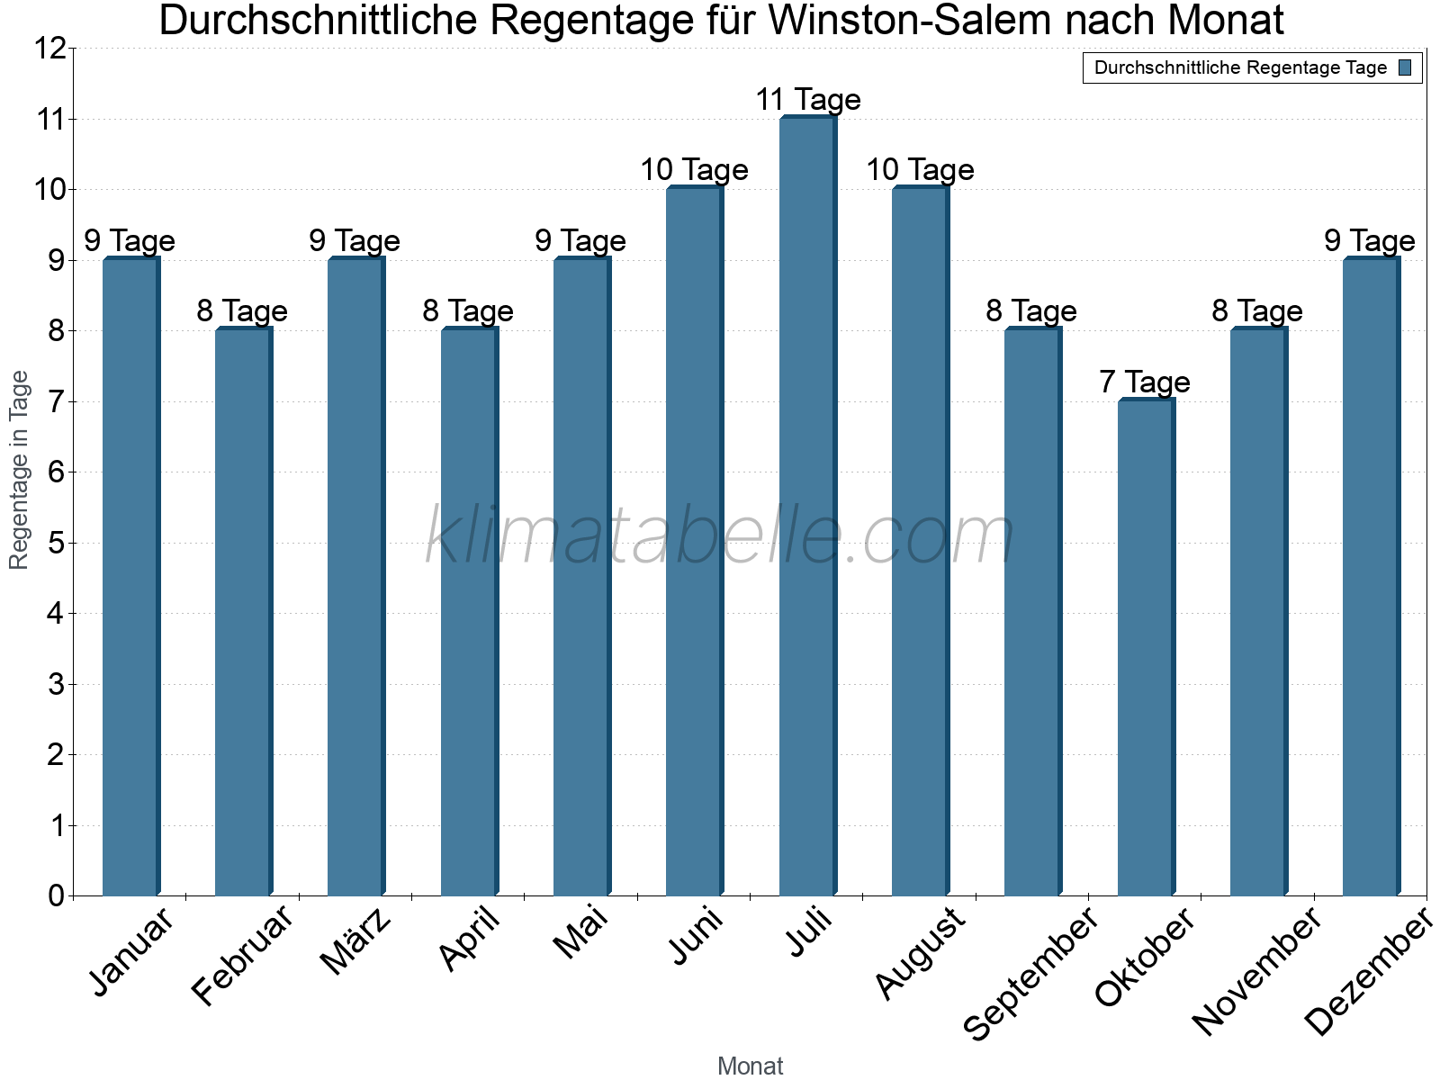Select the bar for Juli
807,506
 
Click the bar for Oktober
1146,647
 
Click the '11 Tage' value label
807,99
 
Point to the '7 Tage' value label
1145,382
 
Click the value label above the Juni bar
694,169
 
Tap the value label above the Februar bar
242,310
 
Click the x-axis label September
1031,972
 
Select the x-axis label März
356,941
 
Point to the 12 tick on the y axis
51,49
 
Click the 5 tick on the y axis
57,543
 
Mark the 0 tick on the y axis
57,895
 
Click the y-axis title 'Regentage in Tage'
20,470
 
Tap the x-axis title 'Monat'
750,1066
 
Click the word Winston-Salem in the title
909,22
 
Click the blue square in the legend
1405,67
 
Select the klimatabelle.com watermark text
720,535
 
